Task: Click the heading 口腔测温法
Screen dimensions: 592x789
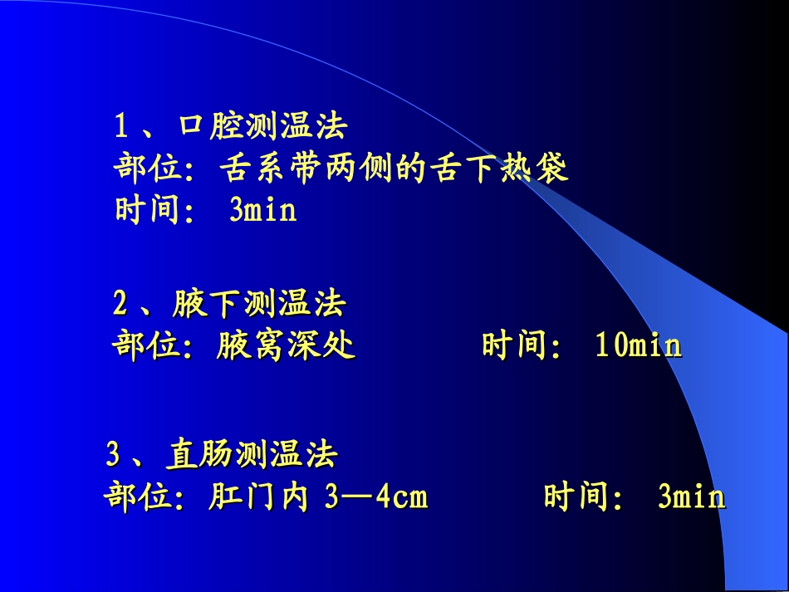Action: tap(262, 127)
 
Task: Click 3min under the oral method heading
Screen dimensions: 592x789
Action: tap(262, 211)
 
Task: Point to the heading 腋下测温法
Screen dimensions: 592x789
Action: tap(259, 305)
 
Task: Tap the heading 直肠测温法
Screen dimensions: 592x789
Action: tap(252, 455)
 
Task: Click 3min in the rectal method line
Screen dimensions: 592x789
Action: tap(691, 497)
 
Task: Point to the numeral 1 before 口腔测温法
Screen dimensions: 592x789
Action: tap(121, 127)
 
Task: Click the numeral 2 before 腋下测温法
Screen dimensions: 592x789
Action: tap(120, 305)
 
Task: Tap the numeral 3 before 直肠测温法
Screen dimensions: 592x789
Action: tap(113, 455)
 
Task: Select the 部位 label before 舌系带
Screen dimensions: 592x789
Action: tap(147, 169)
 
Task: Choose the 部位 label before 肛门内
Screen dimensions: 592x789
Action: tap(138, 497)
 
